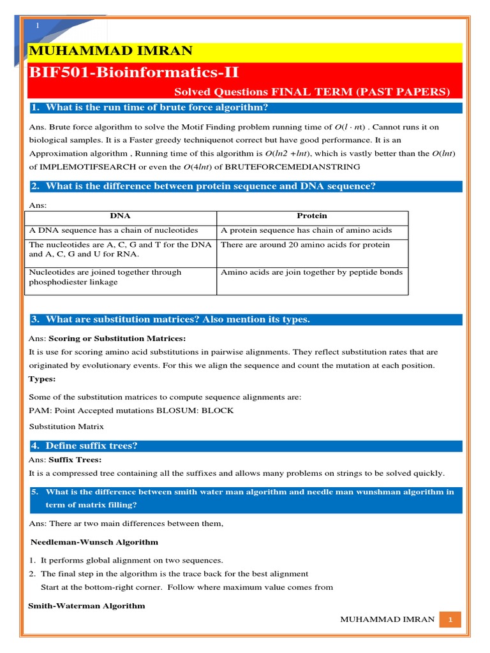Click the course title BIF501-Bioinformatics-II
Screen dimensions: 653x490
tap(134, 71)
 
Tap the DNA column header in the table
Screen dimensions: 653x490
tap(120, 216)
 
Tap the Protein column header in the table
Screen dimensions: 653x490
tap(312, 216)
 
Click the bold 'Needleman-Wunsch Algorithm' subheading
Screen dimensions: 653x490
tap(95, 542)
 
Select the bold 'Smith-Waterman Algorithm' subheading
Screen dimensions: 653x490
tap(87, 606)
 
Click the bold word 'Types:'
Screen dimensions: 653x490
tap(42, 379)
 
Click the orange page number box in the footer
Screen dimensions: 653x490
tap(450, 620)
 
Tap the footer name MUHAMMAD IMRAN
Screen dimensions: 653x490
tap(387, 620)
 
